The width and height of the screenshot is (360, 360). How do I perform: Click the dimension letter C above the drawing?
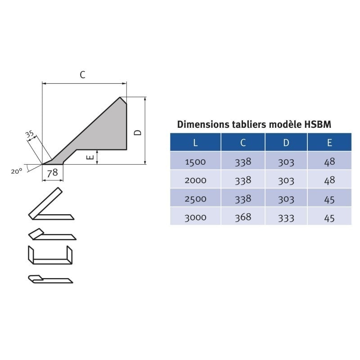[82, 75]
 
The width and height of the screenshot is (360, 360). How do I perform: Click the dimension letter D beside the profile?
[138, 132]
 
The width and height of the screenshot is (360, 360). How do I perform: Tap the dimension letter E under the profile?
[90, 157]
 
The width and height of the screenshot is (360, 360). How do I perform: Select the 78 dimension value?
[53, 172]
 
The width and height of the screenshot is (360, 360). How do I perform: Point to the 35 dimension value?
[29, 134]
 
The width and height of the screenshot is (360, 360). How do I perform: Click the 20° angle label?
[17, 171]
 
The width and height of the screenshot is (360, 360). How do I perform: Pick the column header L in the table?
[195, 143]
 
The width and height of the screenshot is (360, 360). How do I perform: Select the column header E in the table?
[329, 143]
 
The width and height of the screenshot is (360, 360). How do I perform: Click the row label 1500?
[195, 162]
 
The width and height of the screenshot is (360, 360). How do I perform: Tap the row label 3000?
[195, 217]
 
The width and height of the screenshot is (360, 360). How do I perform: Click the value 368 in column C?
[243, 217]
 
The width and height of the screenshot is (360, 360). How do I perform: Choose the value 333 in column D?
[286, 217]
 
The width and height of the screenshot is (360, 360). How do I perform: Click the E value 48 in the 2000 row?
[329, 180]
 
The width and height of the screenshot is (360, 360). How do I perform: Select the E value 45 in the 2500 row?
[329, 198]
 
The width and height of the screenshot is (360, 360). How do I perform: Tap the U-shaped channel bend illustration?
[50, 255]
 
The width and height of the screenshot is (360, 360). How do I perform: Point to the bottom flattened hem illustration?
[49, 279]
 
